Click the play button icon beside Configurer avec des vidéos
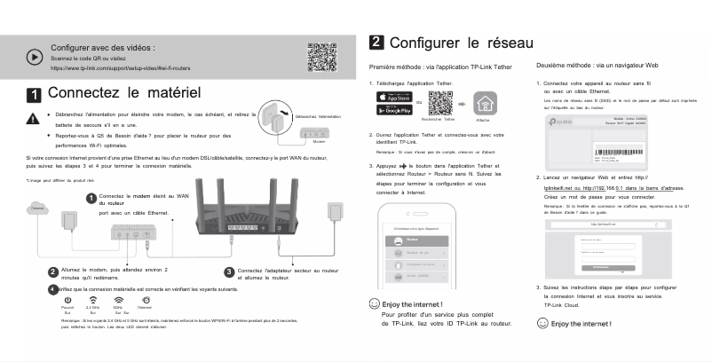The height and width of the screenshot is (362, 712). (x=35, y=56)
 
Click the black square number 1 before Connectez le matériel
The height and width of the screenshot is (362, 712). (x=34, y=94)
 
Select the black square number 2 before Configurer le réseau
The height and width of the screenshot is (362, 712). (x=376, y=43)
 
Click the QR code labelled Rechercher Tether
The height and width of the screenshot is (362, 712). (x=441, y=103)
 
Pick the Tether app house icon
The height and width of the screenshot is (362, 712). (x=485, y=102)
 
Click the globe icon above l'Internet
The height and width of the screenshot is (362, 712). (x=146, y=300)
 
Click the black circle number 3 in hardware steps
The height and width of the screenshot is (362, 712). (x=229, y=271)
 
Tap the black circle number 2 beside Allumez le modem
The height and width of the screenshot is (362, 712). (x=52, y=271)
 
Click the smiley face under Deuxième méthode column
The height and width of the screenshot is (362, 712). (x=542, y=324)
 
